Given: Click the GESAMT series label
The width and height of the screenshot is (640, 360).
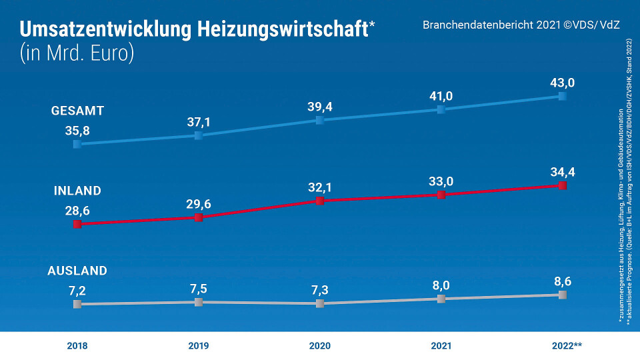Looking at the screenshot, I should pos(77,111).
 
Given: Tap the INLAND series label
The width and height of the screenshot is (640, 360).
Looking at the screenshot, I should pos(77,191).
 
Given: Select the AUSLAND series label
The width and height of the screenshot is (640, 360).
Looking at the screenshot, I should pos(77,271).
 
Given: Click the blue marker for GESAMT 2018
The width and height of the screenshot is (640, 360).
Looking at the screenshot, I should pos(77,143).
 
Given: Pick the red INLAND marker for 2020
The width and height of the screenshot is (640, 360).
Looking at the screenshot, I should pos(319,201).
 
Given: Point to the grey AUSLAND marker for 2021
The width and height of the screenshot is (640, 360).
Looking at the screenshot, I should pos(441,299).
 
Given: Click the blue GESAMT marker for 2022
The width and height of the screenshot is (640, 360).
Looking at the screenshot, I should pos(562,96).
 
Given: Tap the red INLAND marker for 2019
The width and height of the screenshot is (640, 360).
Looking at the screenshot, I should pos(198,217).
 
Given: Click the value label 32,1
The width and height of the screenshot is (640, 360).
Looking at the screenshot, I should pos(319,187).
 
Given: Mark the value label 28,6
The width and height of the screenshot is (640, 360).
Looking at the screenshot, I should pos(77,210).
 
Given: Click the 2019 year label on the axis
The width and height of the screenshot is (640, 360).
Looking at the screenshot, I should pos(198,346).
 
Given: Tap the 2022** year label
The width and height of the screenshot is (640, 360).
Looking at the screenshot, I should pos(567,346).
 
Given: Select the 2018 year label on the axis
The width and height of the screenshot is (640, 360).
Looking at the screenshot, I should pos(77,346).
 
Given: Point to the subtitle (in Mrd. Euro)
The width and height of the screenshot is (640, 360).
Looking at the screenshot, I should pos(77,54).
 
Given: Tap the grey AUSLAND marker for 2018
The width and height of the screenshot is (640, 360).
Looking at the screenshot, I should pos(77,304).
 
